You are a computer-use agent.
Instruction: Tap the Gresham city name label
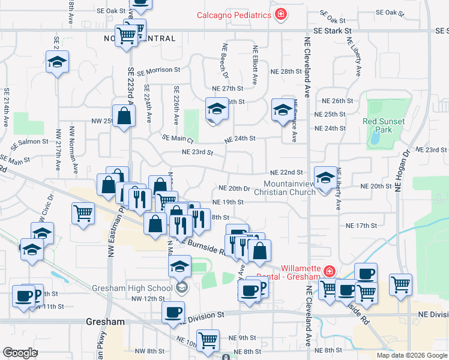105,322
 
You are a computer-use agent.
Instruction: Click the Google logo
20,352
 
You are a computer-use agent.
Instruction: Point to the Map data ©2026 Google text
412,355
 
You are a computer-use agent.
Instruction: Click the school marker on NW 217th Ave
58,62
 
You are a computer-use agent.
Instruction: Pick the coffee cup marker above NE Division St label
173,312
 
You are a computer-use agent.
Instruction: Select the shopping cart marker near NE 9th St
208,340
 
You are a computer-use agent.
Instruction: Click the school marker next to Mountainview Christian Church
325,178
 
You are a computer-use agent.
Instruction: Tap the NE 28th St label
285,71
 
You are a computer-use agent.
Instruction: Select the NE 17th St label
361,226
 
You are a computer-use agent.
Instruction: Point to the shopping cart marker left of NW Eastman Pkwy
83,212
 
